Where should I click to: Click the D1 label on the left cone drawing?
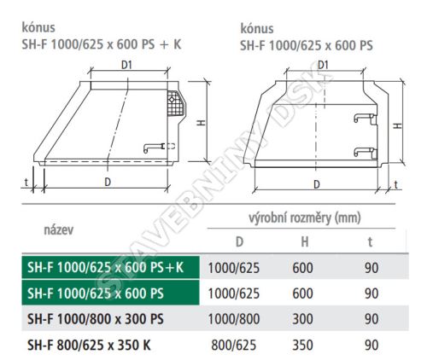pyautogui.click(x=126, y=65)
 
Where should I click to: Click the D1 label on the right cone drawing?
pyautogui.click(x=323, y=65)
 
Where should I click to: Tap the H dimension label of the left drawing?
pyautogui.click(x=202, y=123)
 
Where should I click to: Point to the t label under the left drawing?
pyautogui.click(x=26, y=182)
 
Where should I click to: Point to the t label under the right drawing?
pyautogui.click(x=395, y=184)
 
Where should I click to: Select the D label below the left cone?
pyautogui.click(x=108, y=182)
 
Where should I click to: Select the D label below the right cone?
pyautogui.click(x=317, y=184)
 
